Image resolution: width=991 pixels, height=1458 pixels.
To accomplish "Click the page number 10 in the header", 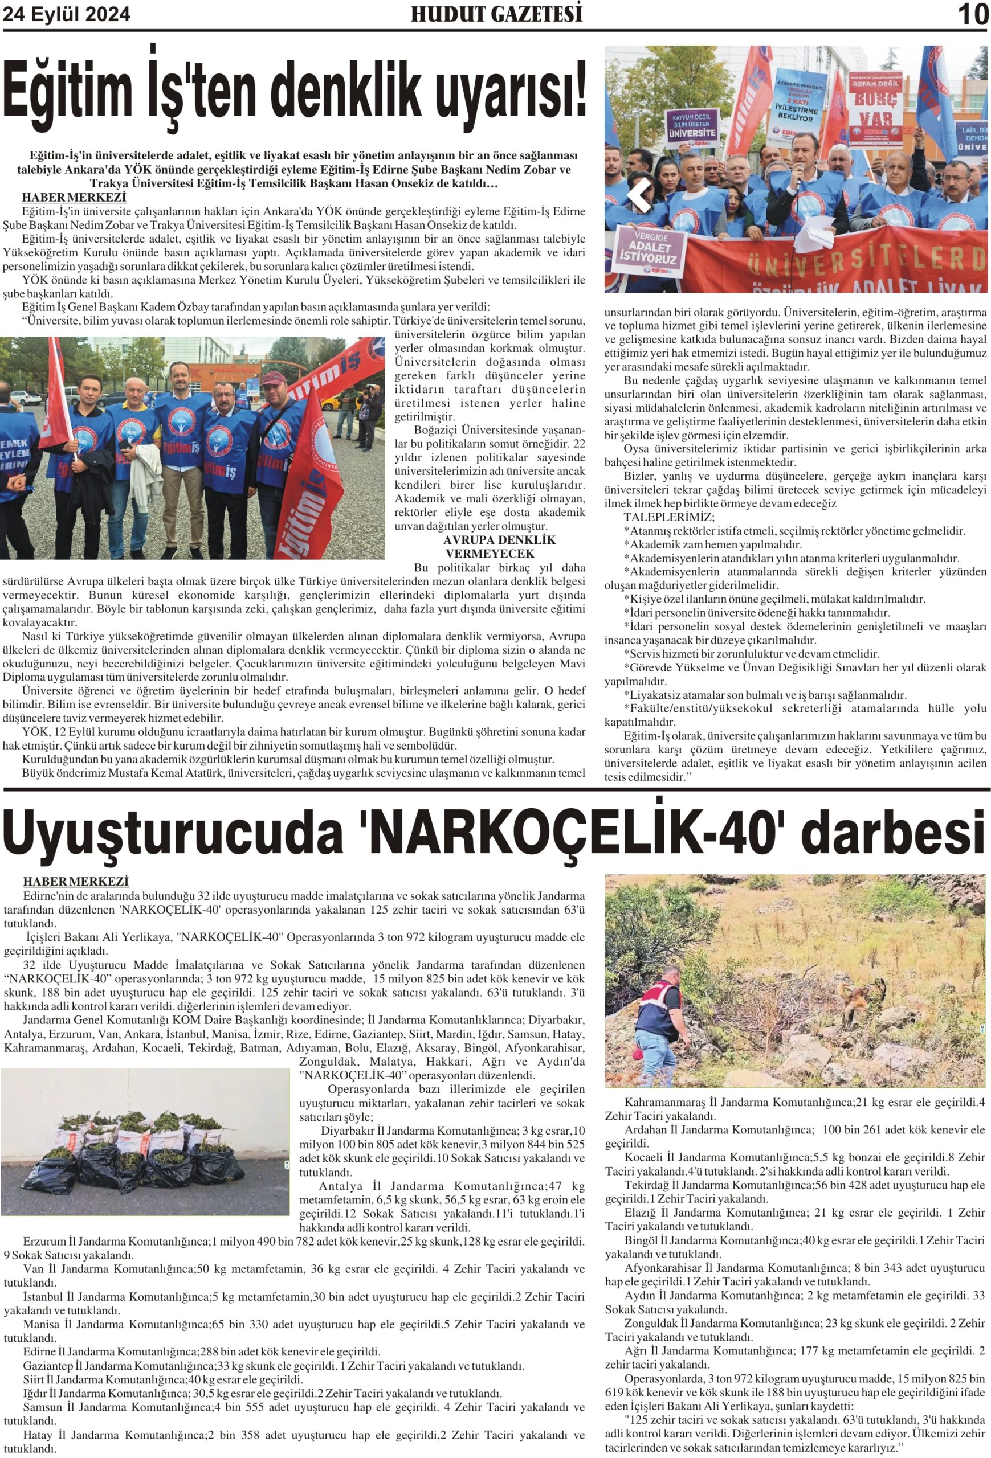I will pyautogui.click(x=973, y=14).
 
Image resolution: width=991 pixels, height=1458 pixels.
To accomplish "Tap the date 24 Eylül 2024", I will pyautogui.click(x=67, y=14).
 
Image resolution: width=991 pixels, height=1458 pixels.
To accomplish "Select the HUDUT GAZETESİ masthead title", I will pyautogui.click(x=496, y=14).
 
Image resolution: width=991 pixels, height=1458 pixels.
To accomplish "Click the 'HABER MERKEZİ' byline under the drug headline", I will pyautogui.click(x=75, y=882).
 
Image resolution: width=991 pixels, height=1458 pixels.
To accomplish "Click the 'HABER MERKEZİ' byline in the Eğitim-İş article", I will pyautogui.click(x=74, y=198).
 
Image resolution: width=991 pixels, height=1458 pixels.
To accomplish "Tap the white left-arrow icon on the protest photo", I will pyautogui.click(x=639, y=195).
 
